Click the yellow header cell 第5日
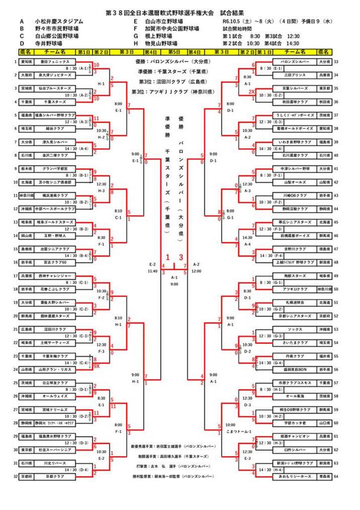(x=174, y=52)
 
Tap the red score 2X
(x=251, y=91)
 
